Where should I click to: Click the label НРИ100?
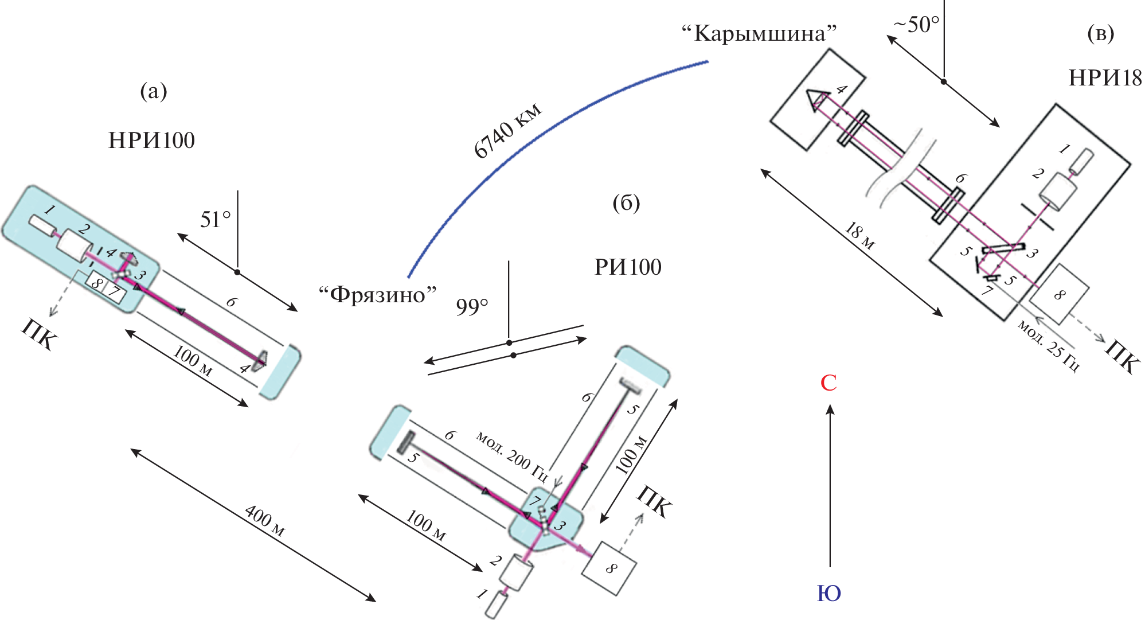[x=151, y=141]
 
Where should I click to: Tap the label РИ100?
[x=628, y=267]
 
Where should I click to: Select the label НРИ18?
[x=1105, y=78]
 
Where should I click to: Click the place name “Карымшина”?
[x=759, y=34]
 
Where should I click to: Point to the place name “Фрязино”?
[x=377, y=295]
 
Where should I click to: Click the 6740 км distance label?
[x=508, y=131]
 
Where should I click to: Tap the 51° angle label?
[x=216, y=220]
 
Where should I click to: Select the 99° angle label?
[x=472, y=307]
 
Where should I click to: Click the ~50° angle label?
[x=917, y=25]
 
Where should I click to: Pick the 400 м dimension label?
[x=264, y=521]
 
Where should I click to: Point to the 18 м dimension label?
[x=860, y=236]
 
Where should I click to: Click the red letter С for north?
[x=829, y=383]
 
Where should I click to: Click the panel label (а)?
[x=154, y=91]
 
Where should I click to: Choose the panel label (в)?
[x=1101, y=34]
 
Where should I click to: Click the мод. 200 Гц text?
[x=511, y=457]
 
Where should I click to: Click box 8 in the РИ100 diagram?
[x=609, y=568]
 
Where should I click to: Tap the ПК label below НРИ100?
[x=40, y=334]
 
